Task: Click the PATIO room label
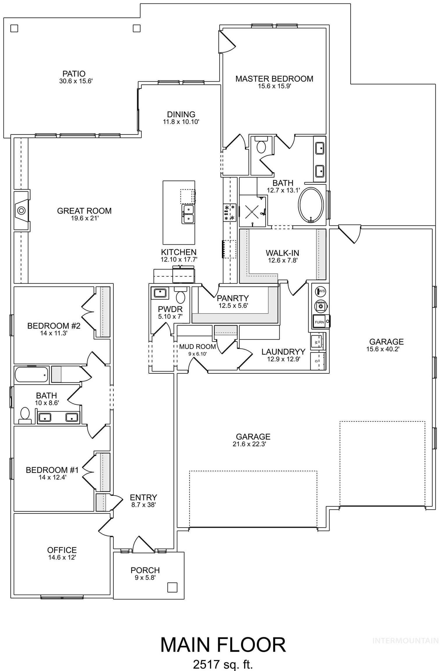tap(74, 74)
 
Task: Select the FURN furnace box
tap(320, 322)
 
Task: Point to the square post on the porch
tap(172, 587)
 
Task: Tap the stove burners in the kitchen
tap(229, 212)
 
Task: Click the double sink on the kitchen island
tap(188, 214)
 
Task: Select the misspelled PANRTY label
tap(233, 298)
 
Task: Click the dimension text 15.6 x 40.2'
tap(383, 349)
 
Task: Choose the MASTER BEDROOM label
tap(274, 79)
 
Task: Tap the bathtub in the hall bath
tap(31, 375)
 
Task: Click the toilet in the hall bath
tap(25, 415)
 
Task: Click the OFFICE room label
tap(62, 550)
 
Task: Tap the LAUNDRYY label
tap(283, 352)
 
